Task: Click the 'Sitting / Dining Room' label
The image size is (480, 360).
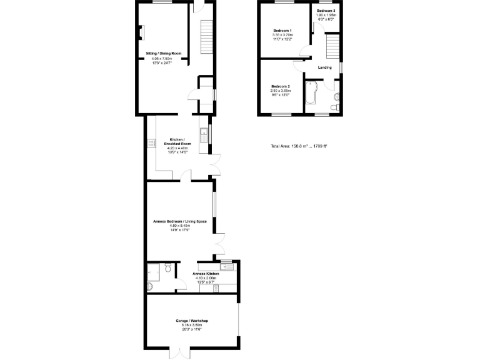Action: click(163, 54)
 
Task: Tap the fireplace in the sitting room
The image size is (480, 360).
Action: click(142, 32)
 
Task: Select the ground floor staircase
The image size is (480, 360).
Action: click(206, 37)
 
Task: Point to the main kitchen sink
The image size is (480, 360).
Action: click(203, 132)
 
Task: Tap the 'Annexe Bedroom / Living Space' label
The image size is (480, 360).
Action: click(180, 221)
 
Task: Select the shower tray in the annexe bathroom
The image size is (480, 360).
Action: click(154, 270)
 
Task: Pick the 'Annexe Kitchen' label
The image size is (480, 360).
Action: click(206, 274)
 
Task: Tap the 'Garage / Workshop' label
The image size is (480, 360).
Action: click(191, 321)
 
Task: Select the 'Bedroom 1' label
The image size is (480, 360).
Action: click(282, 31)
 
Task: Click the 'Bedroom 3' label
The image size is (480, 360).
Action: click(325, 11)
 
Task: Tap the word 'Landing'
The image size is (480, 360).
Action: click(324, 67)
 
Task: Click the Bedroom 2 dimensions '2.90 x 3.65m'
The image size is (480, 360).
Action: click(281, 91)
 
